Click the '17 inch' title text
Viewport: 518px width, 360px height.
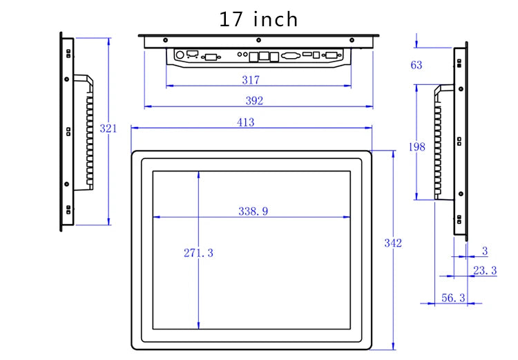[258, 19]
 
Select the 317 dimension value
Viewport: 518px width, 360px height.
[251, 80]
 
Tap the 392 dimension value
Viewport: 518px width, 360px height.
[254, 100]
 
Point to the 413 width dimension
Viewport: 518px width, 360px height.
[246, 122]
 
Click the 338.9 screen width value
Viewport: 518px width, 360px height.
[253, 211]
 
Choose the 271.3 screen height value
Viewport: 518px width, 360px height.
[198, 253]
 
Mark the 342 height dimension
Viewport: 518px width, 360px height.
[393, 243]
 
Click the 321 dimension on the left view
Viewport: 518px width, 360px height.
[108, 129]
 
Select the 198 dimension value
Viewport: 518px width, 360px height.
[417, 146]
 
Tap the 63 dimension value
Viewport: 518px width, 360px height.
[416, 65]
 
